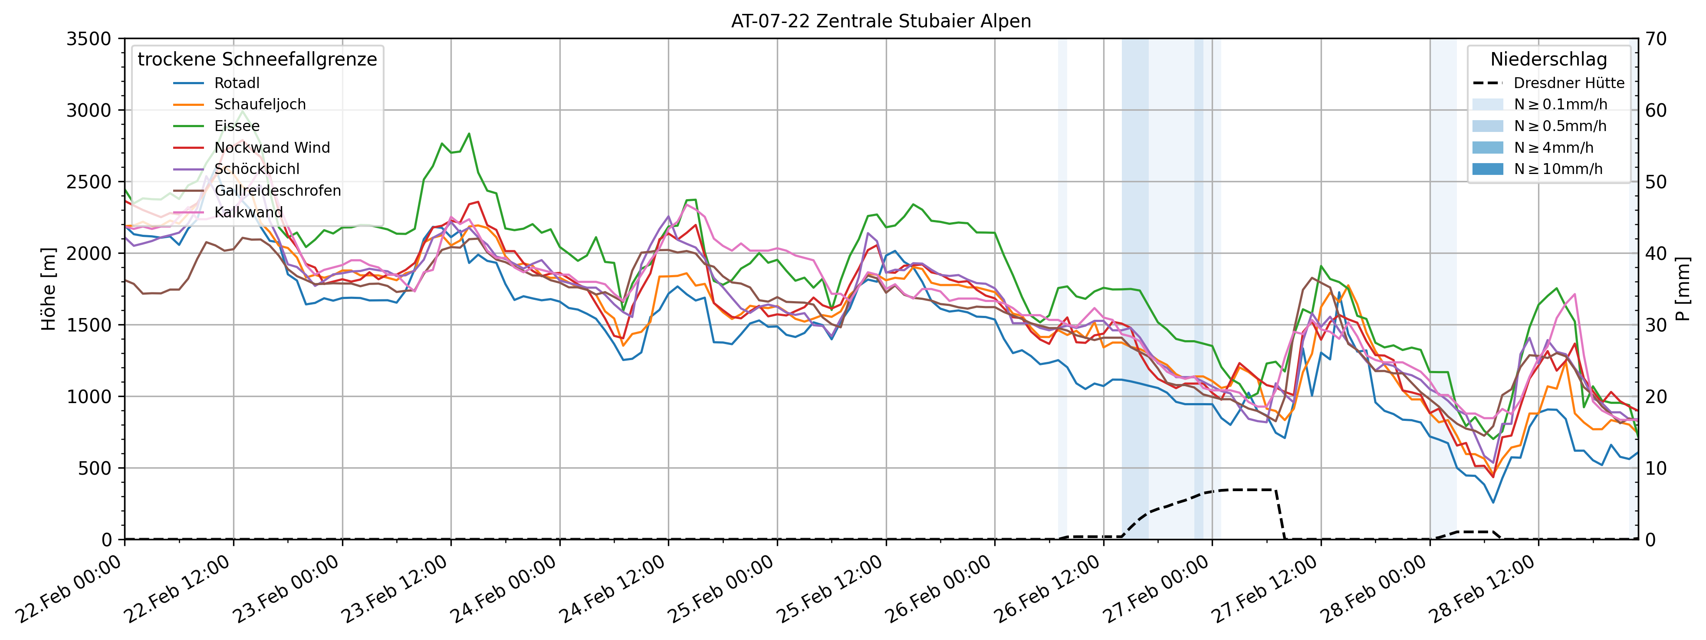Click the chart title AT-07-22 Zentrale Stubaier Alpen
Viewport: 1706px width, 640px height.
click(881, 21)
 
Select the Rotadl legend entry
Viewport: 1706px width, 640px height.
click(237, 83)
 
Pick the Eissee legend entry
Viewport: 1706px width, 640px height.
click(237, 126)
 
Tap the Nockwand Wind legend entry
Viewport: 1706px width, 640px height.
click(272, 148)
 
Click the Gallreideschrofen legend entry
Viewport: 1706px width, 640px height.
click(277, 190)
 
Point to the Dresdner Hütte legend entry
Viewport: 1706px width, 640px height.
click(1568, 83)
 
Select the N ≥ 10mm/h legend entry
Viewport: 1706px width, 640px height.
click(1558, 169)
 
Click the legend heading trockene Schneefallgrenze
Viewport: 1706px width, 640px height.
click(257, 59)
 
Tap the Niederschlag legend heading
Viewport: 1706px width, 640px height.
click(1548, 59)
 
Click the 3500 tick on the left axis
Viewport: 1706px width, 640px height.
click(89, 39)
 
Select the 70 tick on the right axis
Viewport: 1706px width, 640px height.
click(1657, 39)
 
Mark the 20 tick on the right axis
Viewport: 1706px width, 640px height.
click(1657, 397)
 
